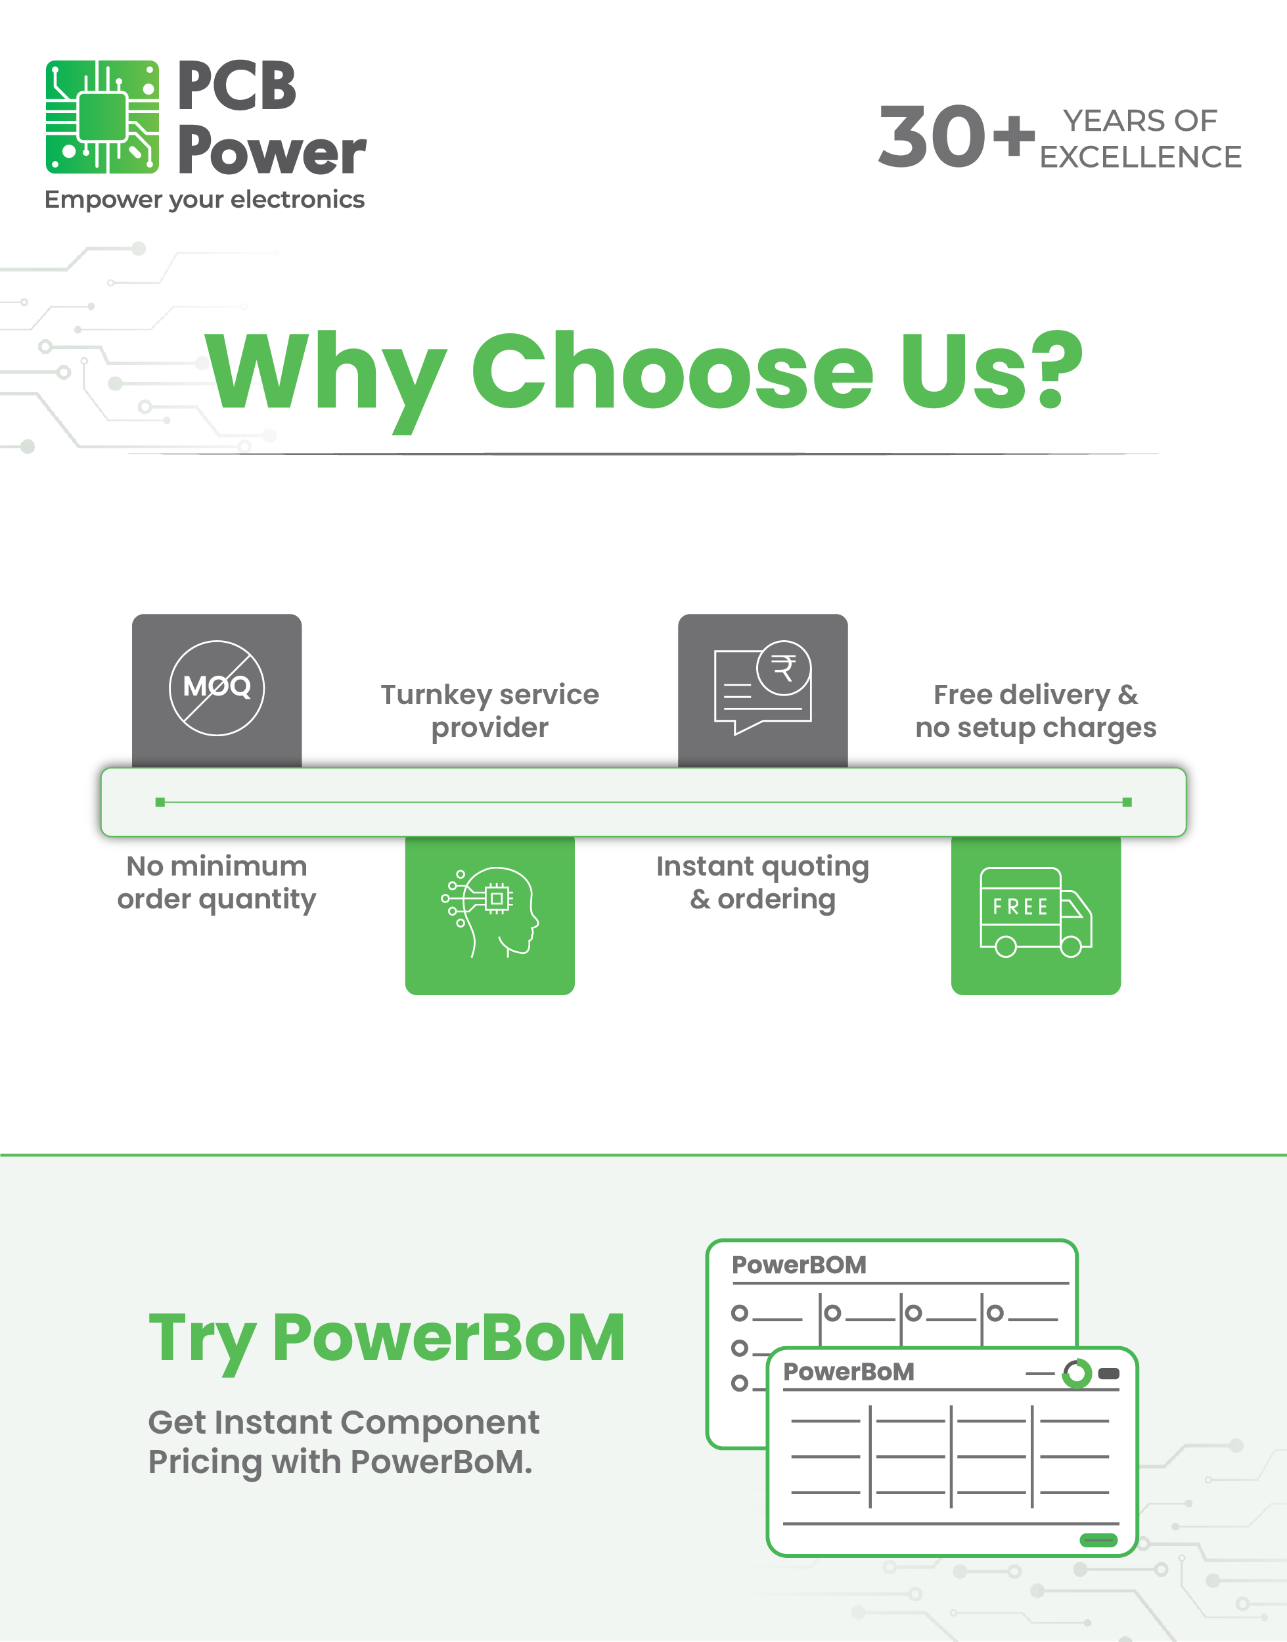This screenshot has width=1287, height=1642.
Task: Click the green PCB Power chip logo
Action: pyautogui.click(x=102, y=117)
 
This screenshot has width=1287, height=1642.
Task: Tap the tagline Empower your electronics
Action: pyautogui.click(x=204, y=200)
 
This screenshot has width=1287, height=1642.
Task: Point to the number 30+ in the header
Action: pyautogui.click(x=956, y=137)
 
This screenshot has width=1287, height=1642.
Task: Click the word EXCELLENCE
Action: pyautogui.click(x=1140, y=157)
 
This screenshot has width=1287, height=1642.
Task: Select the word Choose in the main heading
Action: pyautogui.click(x=672, y=371)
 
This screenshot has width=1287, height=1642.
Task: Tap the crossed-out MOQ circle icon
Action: pyautogui.click(x=217, y=688)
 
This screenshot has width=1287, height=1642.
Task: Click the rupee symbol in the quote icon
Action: pyautogui.click(x=784, y=668)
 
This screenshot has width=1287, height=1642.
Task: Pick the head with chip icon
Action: pyautogui.click(x=490, y=912)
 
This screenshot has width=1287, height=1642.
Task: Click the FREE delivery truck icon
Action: pyautogui.click(x=1036, y=912)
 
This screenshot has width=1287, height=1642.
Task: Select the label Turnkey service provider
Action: pyautogui.click(x=490, y=711)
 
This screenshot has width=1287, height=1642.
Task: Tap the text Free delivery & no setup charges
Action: pyautogui.click(x=1036, y=711)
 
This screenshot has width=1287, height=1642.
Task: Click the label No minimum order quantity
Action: pyautogui.click(x=217, y=883)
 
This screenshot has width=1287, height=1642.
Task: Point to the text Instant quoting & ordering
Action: pyautogui.click(x=763, y=883)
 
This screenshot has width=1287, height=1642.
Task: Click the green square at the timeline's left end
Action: pyautogui.click(x=160, y=802)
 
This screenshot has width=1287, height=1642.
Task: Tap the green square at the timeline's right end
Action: pyautogui.click(x=1127, y=802)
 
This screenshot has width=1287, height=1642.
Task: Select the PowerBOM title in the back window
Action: pyautogui.click(x=800, y=1265)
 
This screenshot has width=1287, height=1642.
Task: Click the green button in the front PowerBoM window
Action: pyautogui.click(x=1098, y=1540)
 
